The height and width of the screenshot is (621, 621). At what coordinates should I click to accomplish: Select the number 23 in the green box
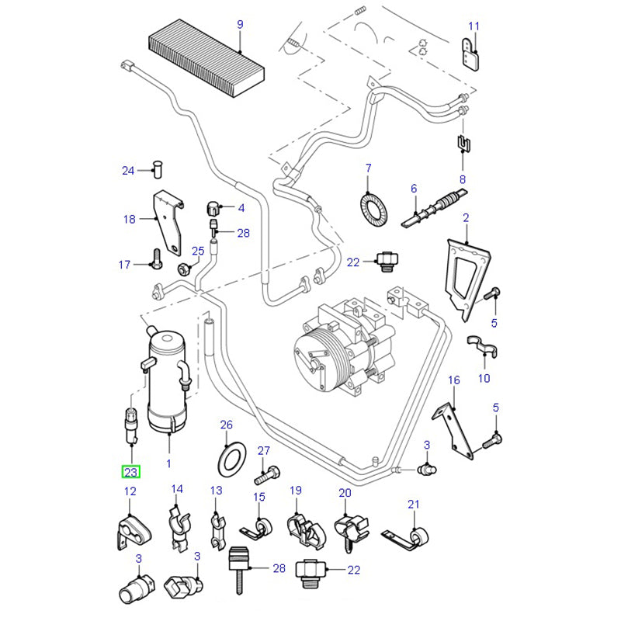[130, 470]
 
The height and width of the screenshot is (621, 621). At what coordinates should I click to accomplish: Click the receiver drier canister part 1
[168, 380]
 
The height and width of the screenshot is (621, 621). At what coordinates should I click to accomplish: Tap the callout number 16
[454, 380]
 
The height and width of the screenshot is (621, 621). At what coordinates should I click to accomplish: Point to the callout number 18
[129, 220]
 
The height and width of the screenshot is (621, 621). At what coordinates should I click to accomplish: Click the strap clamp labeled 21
[414, 536]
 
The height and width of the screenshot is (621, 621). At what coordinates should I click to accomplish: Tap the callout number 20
[345, 493]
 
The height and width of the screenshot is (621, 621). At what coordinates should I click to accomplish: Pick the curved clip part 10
[481, 345]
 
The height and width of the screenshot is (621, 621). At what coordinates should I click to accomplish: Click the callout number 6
[414, 189]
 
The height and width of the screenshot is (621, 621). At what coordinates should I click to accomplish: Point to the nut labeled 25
[185, 269]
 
